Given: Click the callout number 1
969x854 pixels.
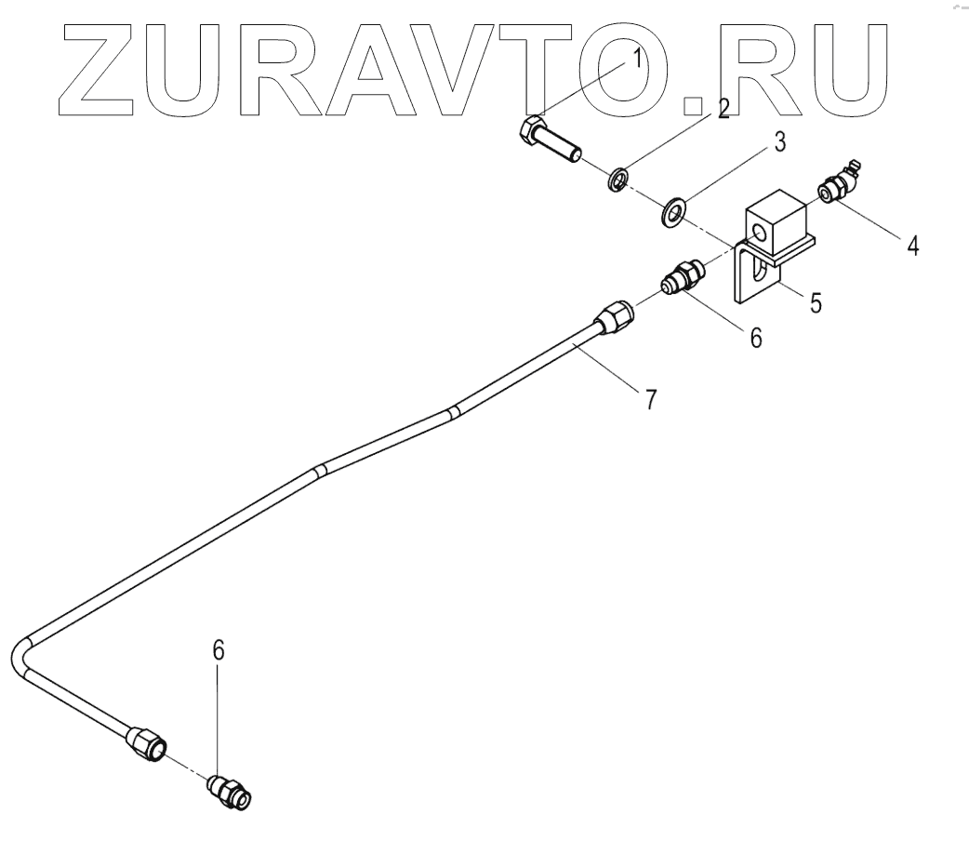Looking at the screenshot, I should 637,60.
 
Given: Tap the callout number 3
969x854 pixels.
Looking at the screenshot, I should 779,143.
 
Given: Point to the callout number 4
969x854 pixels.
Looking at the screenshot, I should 911,246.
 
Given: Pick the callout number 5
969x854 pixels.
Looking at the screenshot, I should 815,303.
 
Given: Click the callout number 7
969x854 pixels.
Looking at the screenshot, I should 650,400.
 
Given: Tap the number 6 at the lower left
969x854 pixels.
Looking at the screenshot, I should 219,651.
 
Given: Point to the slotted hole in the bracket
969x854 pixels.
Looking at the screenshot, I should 759,272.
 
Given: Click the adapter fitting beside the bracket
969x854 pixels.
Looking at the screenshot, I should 683,277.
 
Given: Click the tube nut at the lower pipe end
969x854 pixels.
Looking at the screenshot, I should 147,741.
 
